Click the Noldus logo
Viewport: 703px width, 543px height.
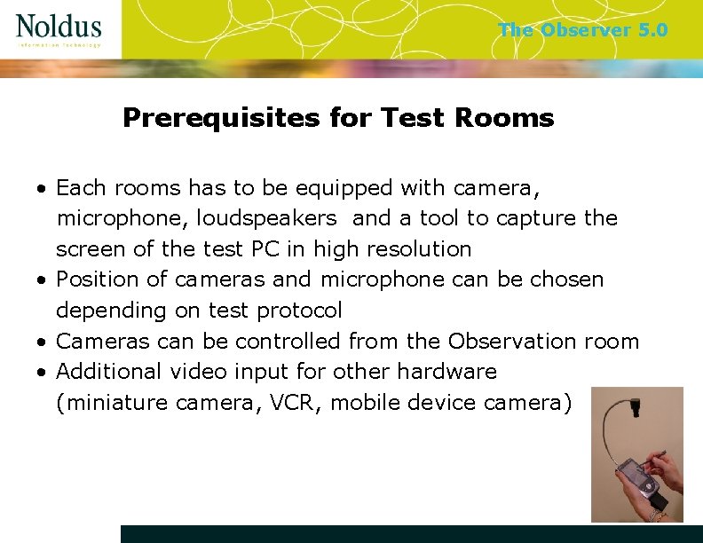59,29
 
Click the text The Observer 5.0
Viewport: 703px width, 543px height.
582,30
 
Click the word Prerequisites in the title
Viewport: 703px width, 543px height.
220,118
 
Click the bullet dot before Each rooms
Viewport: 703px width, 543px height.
42,190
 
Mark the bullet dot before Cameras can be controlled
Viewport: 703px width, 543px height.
42,342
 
